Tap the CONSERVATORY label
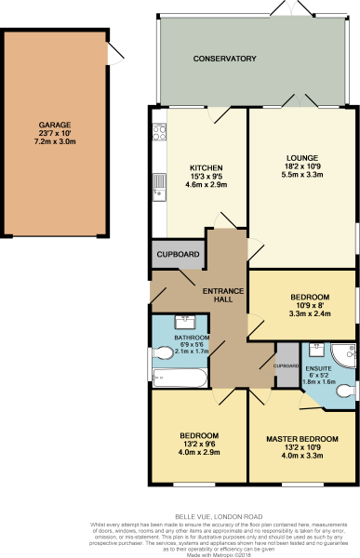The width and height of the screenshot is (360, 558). click(224, 59)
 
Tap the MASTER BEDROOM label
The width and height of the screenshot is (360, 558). click(301, 437)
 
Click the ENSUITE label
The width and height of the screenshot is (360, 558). click(317, 370)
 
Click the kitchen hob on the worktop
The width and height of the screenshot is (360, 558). click(158, 129)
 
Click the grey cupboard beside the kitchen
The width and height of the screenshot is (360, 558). click(177, 254)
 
